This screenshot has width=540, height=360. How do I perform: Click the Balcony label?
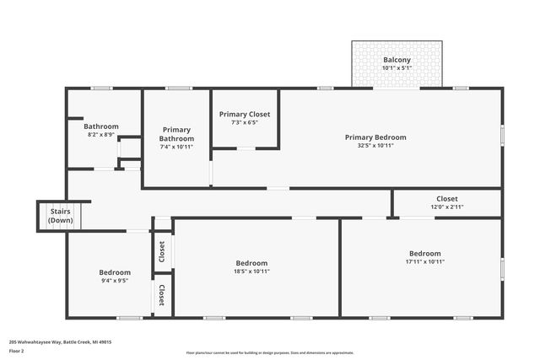click(x=397, y=60)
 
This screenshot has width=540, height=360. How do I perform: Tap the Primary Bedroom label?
click(x=375, y=137)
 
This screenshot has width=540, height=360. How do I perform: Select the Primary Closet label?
click(x=244, y=114)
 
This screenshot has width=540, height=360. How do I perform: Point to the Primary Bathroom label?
click(x=176, y=134)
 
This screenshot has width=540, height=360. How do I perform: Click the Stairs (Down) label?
click(x=60, y=216)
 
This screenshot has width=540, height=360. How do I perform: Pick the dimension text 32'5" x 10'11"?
click(x=375, y=146)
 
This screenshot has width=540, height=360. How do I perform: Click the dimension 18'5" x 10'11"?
click(x=251, y=271)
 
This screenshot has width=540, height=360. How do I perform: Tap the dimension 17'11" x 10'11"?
click(x=424, y=261)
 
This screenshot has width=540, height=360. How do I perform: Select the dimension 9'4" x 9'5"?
click(x=115, y=282)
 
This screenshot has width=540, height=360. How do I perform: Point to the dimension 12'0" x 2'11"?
click(x=447, y=207)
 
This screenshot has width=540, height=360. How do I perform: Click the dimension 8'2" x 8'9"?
click(x=100, y=135)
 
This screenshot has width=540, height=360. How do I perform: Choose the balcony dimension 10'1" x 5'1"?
click(x=397, y=68)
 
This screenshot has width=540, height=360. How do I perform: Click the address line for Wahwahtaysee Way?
click(x=60, y=341)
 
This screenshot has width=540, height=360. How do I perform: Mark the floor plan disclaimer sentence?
click(x=270, y=352)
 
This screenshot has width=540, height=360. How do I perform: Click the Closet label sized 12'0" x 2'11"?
click(x=447, y=199)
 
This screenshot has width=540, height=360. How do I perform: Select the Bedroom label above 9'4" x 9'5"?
click(x=115, y=272)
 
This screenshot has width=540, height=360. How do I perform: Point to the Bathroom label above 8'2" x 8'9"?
click(x=100, y=126)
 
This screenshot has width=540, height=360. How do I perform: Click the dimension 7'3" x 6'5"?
click(x=244, y=122)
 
